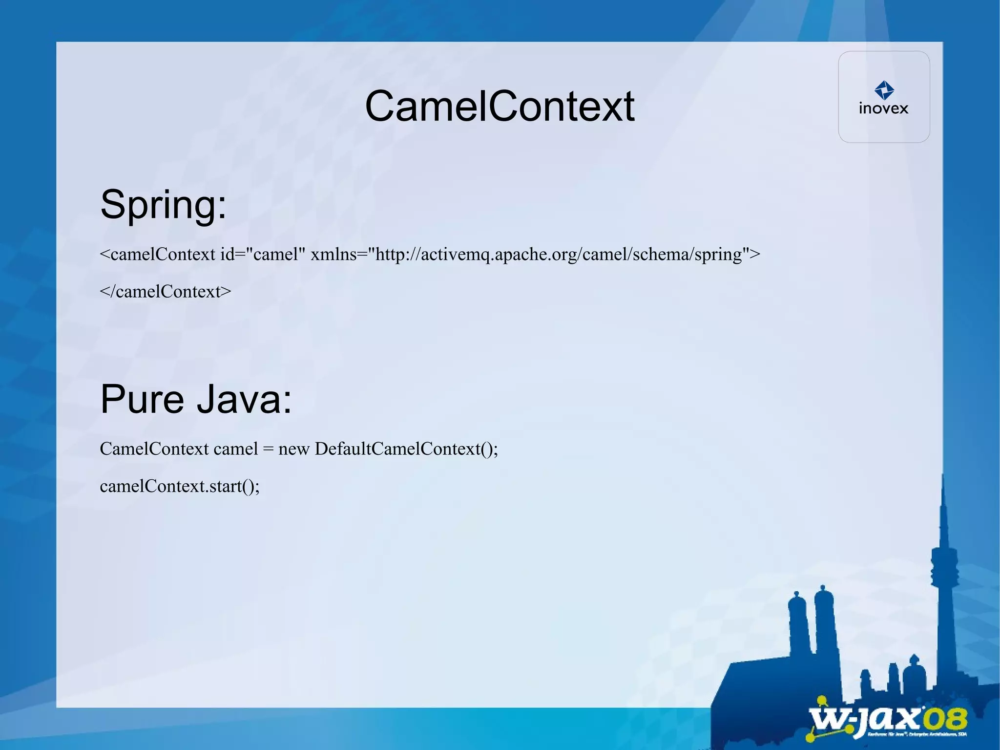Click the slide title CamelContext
click(x=499, y=106)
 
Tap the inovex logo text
click(x=883, y=108)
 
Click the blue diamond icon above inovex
click(x=884, y=90)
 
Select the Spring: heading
click(x=164, y=204)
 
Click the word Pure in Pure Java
click(x=142, y=399)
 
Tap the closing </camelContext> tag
click(x=165, y=291)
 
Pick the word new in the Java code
click(x=293, y=449)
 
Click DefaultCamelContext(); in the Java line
click(x=406, y=449)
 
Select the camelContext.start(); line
click(x=180, y=486)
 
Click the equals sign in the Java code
click(x=268, y=449)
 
